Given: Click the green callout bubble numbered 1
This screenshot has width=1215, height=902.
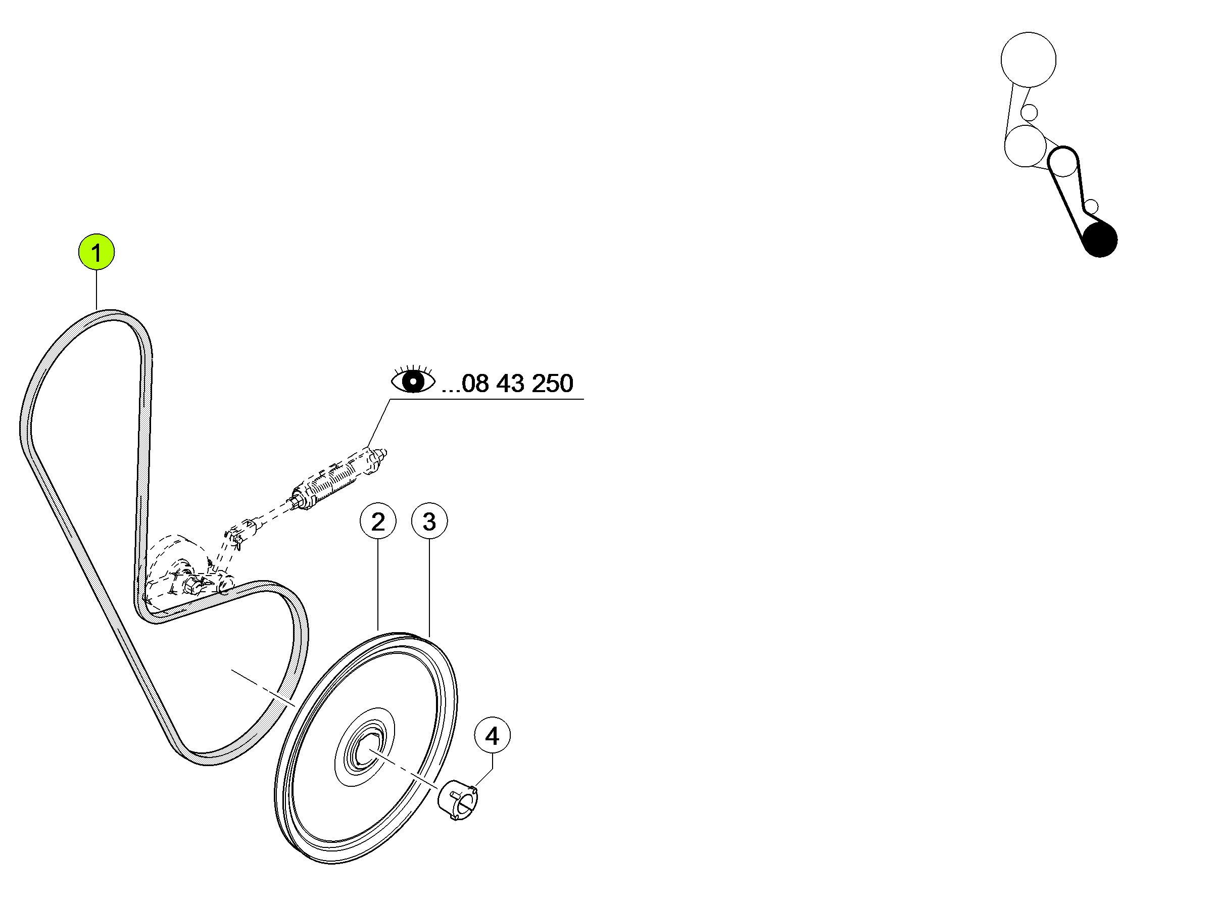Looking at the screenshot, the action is click(x=96, y=252).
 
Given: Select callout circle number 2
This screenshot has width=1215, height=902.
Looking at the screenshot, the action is click(x=378, y=521).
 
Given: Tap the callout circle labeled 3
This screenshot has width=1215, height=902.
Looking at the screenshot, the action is click(x=429, y=521).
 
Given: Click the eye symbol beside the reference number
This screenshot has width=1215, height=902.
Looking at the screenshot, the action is click(x=413, y=379).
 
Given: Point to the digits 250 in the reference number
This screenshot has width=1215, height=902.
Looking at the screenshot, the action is click(x=552, y=384).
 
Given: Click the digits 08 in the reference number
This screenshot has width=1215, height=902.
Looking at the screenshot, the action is click(x=475, y=384).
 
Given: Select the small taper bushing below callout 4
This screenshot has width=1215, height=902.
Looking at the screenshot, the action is click(x=459, y=800).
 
